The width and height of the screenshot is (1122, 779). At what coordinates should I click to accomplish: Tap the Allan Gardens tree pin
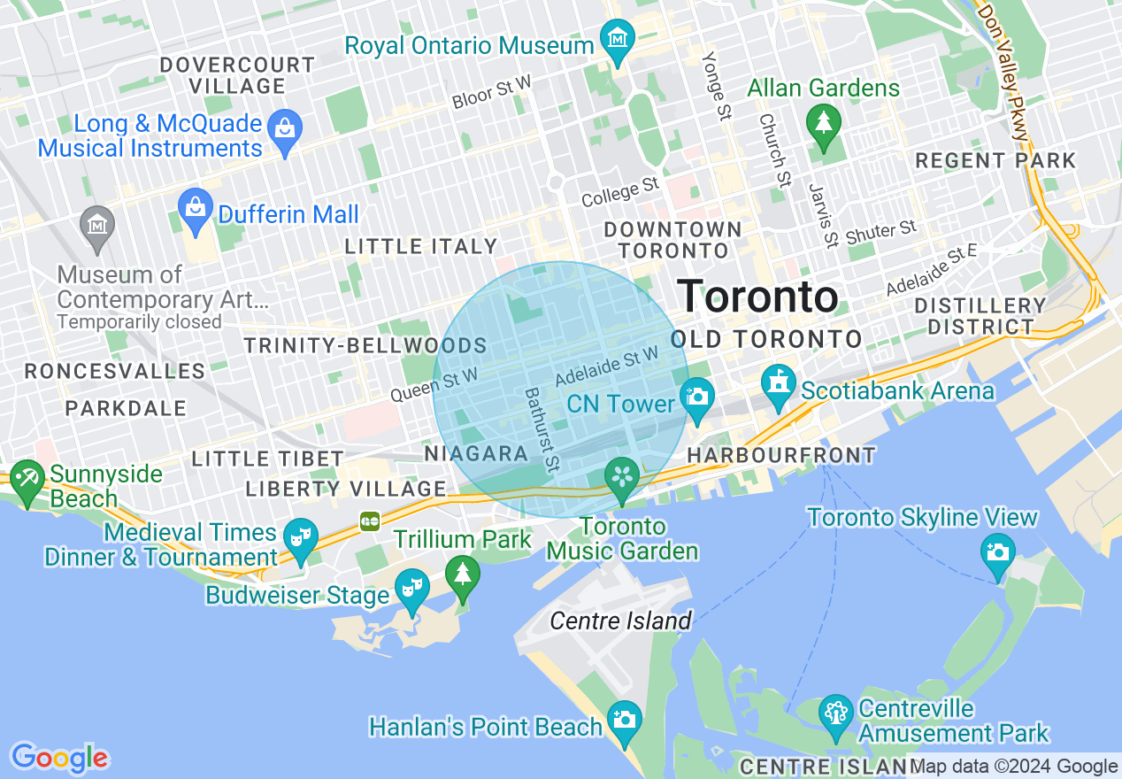pyautogui.click(x=824, y=123)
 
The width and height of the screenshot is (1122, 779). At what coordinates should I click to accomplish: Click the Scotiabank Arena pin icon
pyautogui.click(x=779, y=385)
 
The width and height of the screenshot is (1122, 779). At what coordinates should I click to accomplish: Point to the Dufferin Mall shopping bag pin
pyautogui.click(x=194, y=209)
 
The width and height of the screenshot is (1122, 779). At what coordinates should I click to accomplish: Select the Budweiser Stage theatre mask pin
pyautogui.click(x=411, y=589)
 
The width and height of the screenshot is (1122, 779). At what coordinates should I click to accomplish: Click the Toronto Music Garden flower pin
pyautogui.click(x=622, y=478)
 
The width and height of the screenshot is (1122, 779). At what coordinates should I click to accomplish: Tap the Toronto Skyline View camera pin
pyautogui.click(x=997, y=553)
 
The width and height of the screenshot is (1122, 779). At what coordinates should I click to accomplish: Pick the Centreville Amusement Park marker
pyautogui.click(x=835, y=714)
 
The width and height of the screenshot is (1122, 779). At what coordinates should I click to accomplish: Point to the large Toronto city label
pyautogui.click(x=757, y=297)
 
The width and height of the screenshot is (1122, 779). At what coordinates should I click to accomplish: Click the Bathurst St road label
pyautogui.click(x=542, y=429)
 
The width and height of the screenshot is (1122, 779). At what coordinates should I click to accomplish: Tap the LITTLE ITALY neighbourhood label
pyautogui.click(x=421, y=246)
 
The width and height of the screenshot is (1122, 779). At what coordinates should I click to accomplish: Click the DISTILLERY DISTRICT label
pyautogui.click(x=980, y=316)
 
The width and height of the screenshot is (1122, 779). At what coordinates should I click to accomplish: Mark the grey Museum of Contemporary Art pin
pyautogui.click(x=96, y=227)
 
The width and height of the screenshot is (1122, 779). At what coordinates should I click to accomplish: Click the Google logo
pyautogui.click(x=59, y=758)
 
